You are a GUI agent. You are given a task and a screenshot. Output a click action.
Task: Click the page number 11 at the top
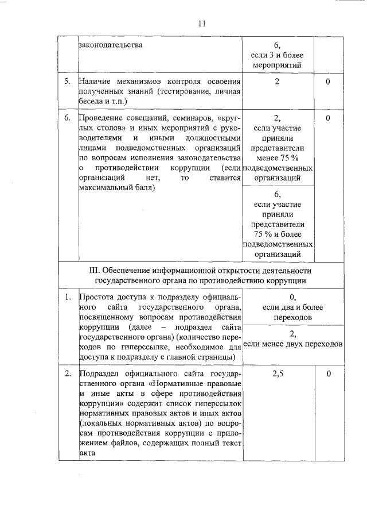tap(201, 24)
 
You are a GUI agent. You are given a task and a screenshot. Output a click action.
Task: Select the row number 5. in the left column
tap(68, 82)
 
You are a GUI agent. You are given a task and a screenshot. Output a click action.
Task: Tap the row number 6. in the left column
tap(68, 118)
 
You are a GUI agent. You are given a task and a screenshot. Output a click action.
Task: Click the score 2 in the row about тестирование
tap(277, 82)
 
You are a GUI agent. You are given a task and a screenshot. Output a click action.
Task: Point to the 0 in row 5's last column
tap(327, 82)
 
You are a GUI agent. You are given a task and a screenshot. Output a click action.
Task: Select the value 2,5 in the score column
tap(277, 375)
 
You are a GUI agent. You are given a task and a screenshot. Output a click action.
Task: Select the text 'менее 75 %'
tap(277, 159)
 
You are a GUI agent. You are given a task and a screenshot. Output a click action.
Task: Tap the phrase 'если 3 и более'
tap(277, 55)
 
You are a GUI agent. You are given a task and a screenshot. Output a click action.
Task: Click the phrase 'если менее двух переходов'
tap(293, 344)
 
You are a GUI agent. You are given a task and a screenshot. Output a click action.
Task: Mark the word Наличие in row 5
tap(95, 82)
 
